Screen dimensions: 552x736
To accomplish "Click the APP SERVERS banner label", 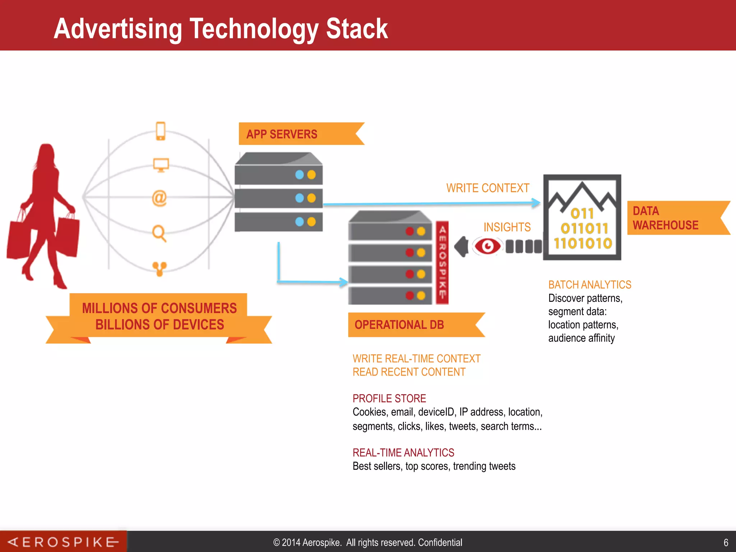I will [x=282, y=134].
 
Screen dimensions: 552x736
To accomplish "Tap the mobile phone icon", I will [x=160, y=131].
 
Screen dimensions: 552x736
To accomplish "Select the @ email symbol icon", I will [x=159, y=198].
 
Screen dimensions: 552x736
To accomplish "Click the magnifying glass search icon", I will [x=159, y=233].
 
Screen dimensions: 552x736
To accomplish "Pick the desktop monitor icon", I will [x=161, y=165].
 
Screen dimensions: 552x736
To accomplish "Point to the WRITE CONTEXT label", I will [x=488, y=188].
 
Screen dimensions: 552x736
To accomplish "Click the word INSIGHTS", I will [x=507, y=227].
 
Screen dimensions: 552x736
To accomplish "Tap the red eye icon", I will [x=487, y=247].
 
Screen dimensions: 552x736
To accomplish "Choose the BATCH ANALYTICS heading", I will [x=589, y=285].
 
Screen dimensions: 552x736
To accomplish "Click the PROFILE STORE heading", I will [x=389, y=398].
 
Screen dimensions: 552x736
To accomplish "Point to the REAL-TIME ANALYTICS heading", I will [x=403, y=452].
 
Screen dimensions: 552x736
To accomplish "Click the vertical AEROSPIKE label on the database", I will [x=442, y=262].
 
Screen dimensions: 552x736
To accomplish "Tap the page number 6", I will [x=726, y=542].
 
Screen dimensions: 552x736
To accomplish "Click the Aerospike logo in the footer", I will [x=63, y=542].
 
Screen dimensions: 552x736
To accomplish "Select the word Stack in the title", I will [x=356, y=29].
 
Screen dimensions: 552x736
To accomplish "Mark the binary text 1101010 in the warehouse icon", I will [x=583, y=243].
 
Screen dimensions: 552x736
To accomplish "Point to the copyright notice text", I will [x=367, y=542].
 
